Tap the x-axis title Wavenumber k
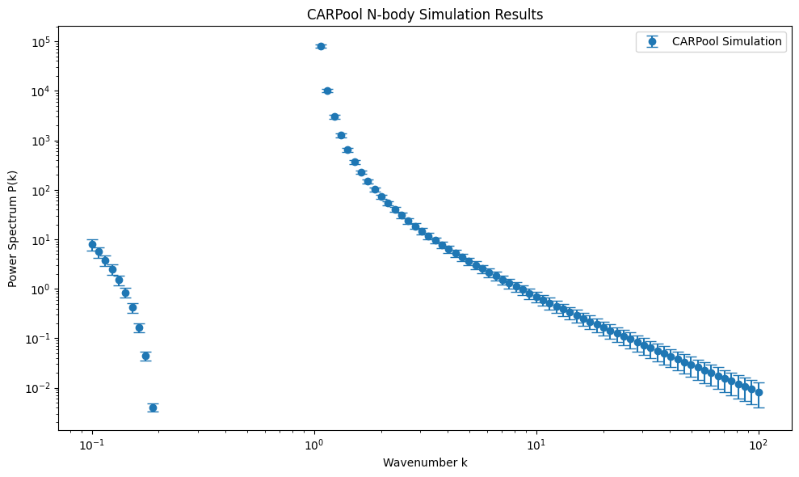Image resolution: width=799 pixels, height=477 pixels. pyautogui.click(x=425, y=462)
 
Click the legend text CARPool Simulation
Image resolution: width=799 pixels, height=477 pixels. pyautogui.click(x=726, y=41)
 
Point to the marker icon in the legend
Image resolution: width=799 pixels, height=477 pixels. pyautogui.click(x=652, y=41)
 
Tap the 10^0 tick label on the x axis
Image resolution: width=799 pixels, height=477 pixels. pyautogui.click(x=314, y=444)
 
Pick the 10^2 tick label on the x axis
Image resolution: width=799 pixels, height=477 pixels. pyautogui.click(x=759, y=444)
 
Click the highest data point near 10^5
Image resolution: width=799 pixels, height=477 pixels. pyautogui.click(x=321, y=46)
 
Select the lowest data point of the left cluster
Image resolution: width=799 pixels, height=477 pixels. pyautogui.click(x=153, y=407)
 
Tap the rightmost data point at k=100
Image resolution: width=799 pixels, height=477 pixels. pyautogui.click(x=759, y=392)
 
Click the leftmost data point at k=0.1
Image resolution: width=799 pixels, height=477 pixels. pyautogui.click(x=92, y=244)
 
